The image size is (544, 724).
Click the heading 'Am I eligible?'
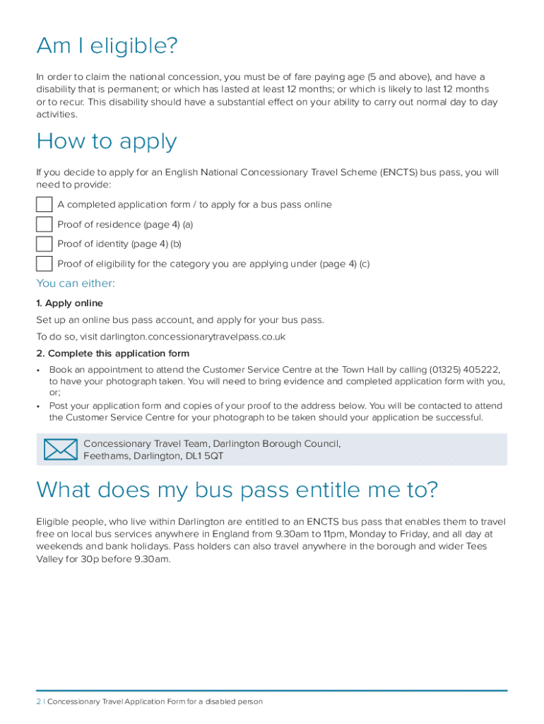coord(107,47)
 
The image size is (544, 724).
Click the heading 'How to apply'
coord(106,142)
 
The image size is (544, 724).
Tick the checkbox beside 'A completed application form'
coord(45,205)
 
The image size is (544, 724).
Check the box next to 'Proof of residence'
coord(45,225)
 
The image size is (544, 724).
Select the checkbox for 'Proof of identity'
coord(45,245)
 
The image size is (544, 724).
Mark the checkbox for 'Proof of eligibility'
coord(45,264)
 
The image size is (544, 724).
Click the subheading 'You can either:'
coord(76,284)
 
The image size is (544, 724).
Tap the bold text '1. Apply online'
coord(69,303)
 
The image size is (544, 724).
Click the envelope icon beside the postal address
coord(60,450)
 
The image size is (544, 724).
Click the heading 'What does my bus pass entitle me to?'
coord(237,489)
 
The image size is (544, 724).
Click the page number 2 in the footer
coord(39,701)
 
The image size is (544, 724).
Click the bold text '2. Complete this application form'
coord(112,354)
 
